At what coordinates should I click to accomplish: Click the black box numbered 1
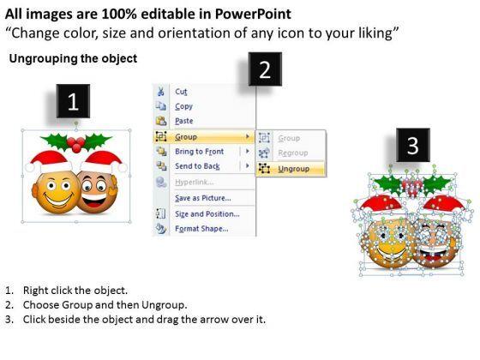tap(74, 104)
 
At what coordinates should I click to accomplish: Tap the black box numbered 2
tap(265, 71)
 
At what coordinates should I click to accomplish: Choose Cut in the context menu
tap(182, 92)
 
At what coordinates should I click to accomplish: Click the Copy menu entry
tap(183, 106)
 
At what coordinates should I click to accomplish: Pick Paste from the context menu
tap(184, 121)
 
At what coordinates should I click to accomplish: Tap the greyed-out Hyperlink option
tap(195, 183)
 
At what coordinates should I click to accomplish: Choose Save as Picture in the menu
tap(203, 198)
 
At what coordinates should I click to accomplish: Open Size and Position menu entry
tap(206, 214)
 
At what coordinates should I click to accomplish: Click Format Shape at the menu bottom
tap(201, 229)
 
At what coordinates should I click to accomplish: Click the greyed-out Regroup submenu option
tap(293, 153)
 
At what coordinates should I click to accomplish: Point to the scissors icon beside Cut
tap(160, 92)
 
